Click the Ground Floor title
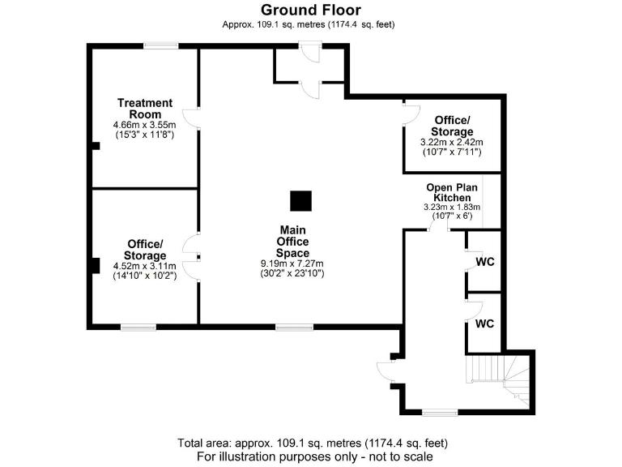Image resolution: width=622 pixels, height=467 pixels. tap(311, 10)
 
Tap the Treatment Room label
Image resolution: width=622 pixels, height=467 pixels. tap(145, 108)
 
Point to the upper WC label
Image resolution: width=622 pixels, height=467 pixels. tap(484, 262)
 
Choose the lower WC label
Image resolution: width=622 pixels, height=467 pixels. tap(484, 323)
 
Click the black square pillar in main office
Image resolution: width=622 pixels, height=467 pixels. tap(301, 201)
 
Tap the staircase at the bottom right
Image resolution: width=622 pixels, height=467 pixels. tap(501, 377)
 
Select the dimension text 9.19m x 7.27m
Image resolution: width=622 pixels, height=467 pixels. tap(292, 263)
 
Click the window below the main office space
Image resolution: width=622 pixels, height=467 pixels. tap(288, 327)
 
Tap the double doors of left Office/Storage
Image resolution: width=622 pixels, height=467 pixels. tap(192, 257)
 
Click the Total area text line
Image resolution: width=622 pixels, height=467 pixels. tap(311, 443)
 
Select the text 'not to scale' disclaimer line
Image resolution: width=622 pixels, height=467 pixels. tap(311, 457)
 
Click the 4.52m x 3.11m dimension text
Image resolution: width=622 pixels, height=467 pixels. tap(145, 266)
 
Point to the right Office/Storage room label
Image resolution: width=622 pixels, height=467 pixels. tap(452, 126)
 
